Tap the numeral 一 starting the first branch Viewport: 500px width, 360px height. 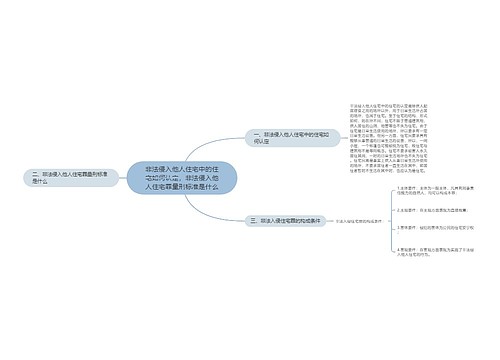point(256,133)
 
